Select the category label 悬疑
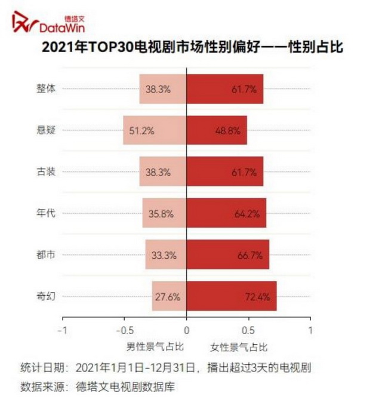point(46,130)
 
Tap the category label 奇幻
point(46,295)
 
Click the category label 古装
point(46,171)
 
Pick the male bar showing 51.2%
point(155,130)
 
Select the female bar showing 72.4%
point(232,296)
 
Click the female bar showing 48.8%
point(217,130)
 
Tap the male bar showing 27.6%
point(169,296)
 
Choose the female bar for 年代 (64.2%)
point(226,213)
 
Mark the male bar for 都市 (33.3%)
point(166,254)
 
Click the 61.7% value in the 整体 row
point(244,89)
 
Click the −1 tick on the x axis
point(63,330)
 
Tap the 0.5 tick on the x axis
point(248,330)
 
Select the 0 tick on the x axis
point(187,330)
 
